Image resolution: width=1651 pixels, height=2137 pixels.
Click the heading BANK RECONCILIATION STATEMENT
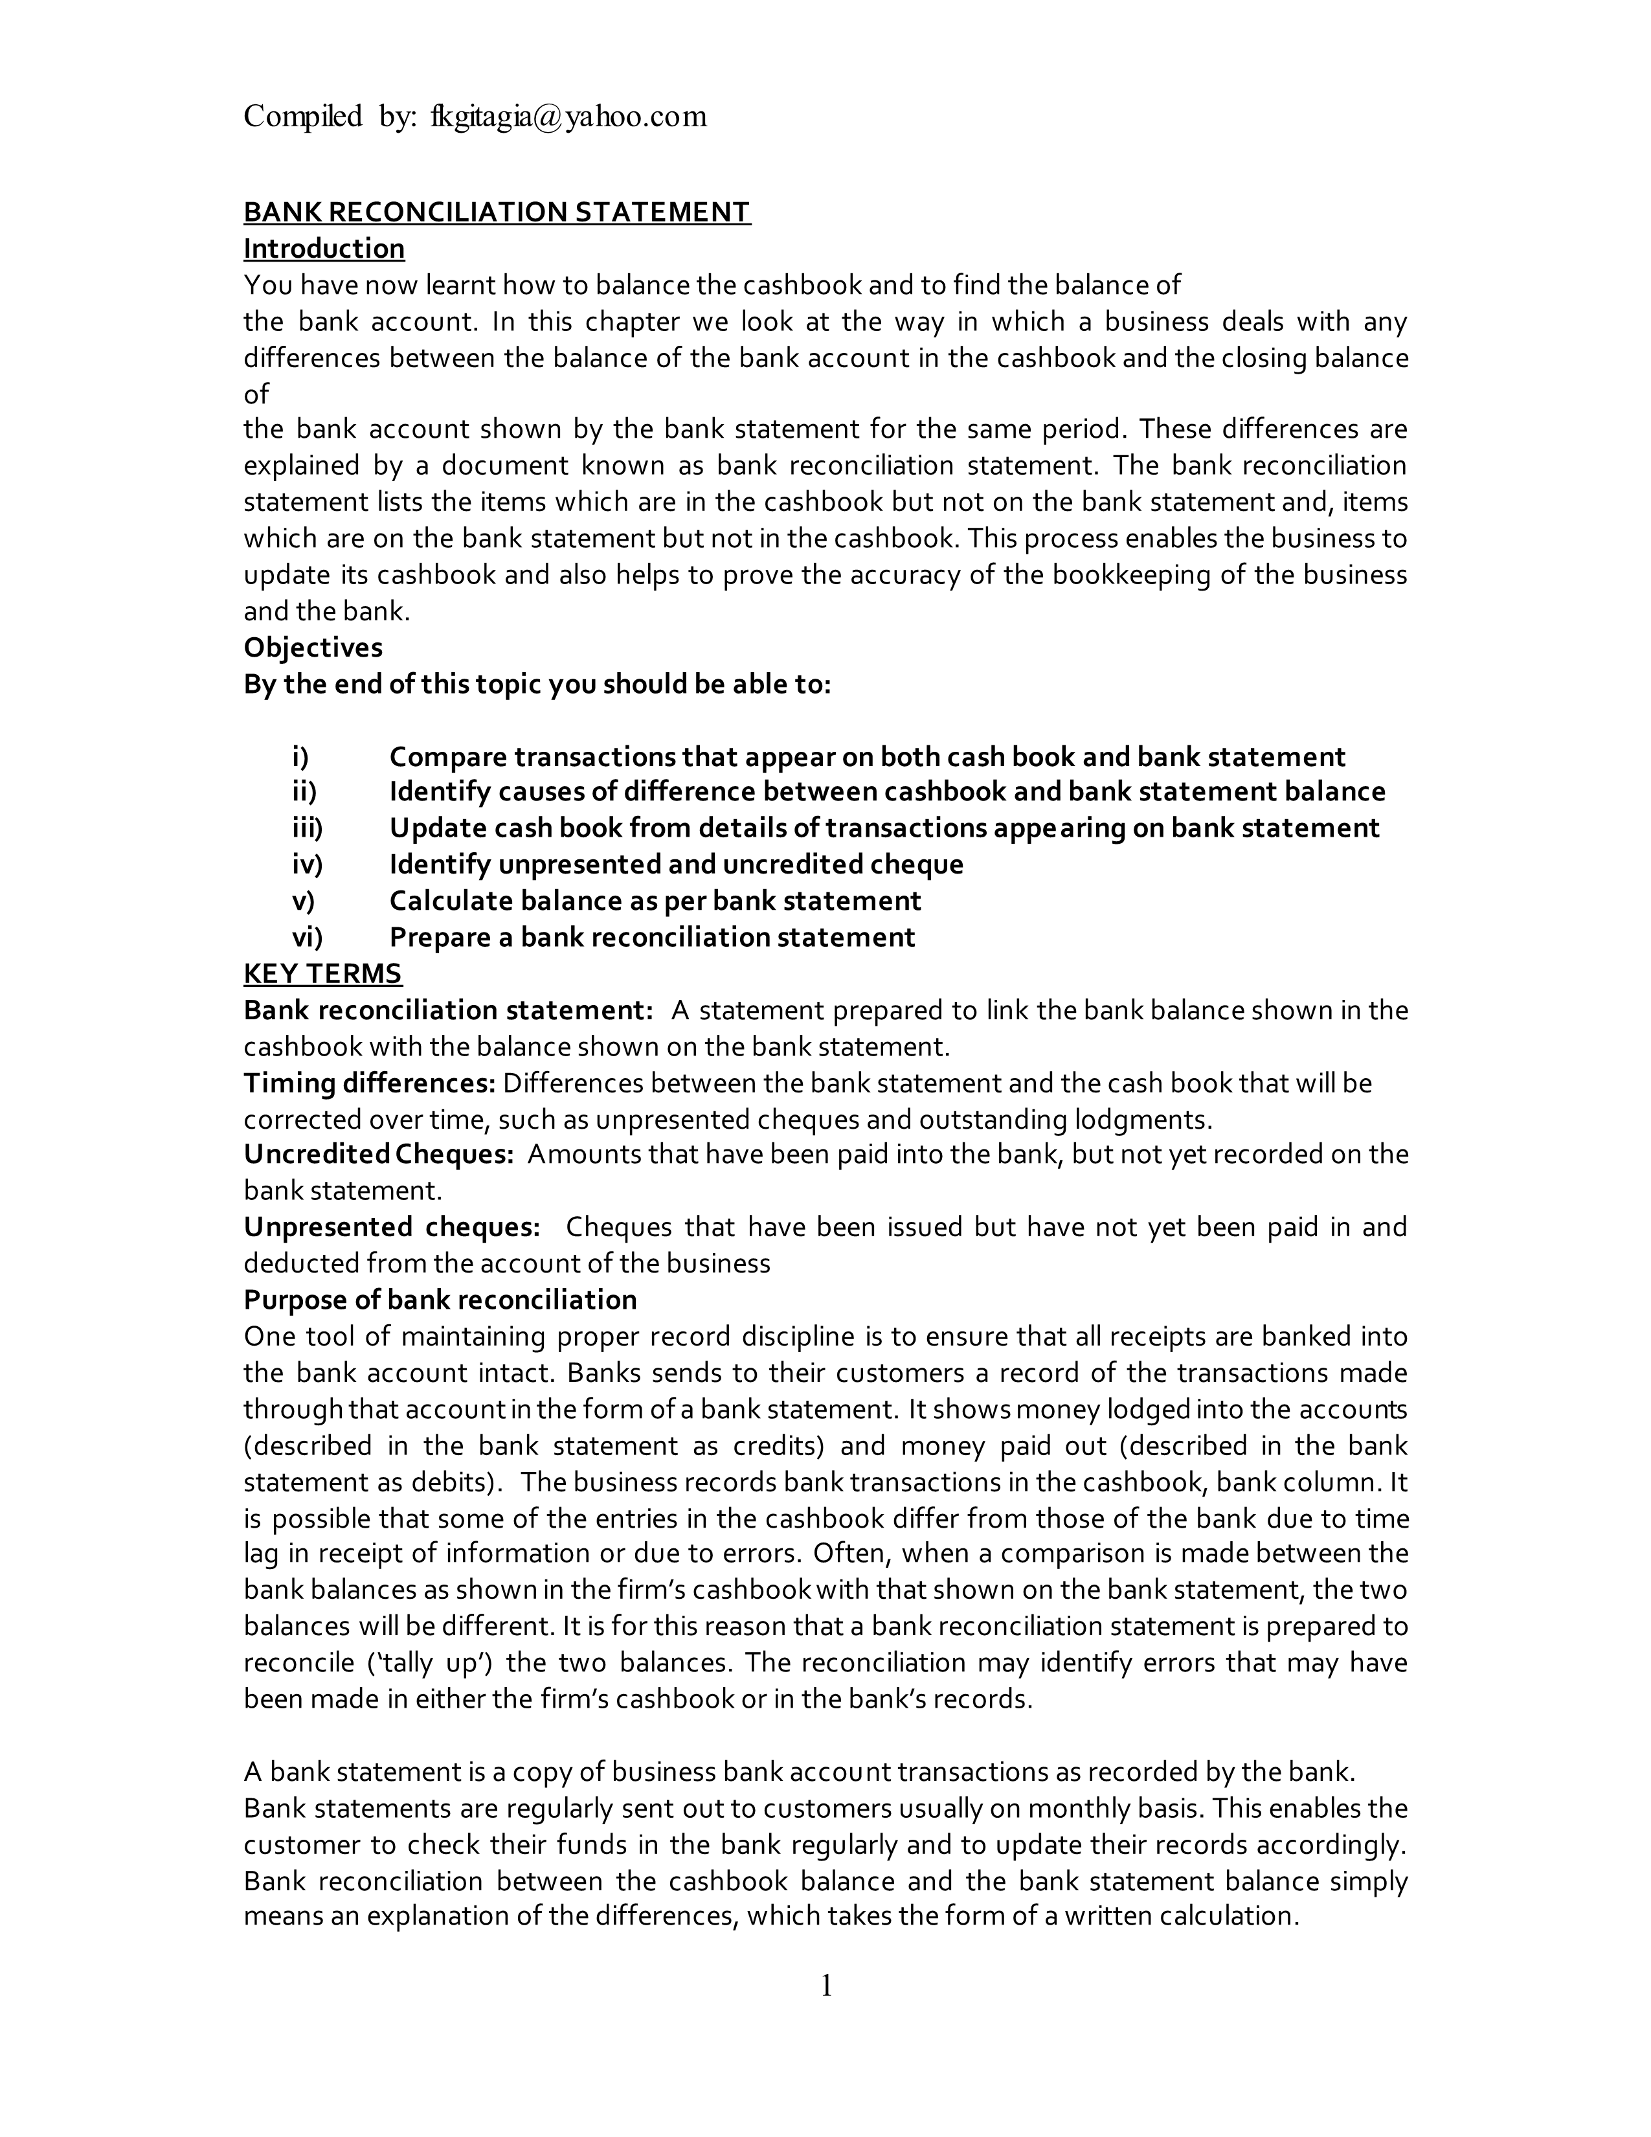(x=497, y=212)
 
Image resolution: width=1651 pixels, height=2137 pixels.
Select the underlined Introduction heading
(x=324, y=249)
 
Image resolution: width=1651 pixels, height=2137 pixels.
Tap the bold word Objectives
(x=313, y=648)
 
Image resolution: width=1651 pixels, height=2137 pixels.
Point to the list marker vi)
(x=307, y=938)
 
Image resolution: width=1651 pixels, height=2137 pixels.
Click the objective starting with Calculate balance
(x=655, y=901)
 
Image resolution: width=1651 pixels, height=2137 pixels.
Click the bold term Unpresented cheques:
(x=391, y=1227)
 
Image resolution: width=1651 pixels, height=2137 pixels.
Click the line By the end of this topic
(x=537, y=684)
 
